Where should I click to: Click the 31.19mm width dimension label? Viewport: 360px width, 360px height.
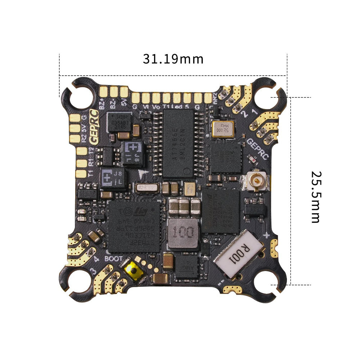click(173, 59)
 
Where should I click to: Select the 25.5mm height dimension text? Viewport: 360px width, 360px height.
click(315, 197)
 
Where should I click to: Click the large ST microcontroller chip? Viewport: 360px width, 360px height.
click(134, 226)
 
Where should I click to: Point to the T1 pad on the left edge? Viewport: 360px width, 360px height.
click(82, 174)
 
